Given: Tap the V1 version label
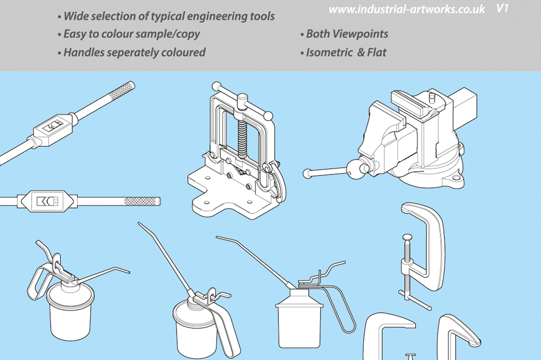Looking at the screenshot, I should (502, 8).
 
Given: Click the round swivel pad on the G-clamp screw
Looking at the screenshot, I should (408, 237).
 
